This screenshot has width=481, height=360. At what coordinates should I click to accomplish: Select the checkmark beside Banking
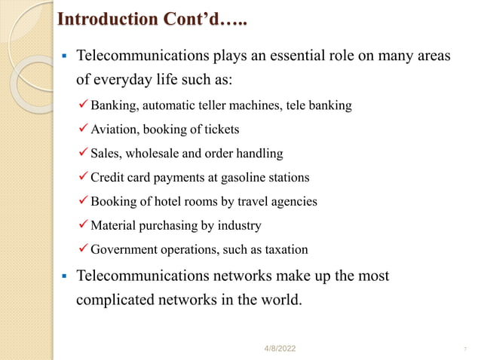83,105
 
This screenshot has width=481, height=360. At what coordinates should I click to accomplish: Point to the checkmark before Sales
83,154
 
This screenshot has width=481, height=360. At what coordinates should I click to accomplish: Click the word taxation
283,250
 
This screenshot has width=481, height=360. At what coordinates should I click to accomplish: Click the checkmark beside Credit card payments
83,178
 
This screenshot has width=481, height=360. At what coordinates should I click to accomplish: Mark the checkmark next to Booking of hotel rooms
83,202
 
